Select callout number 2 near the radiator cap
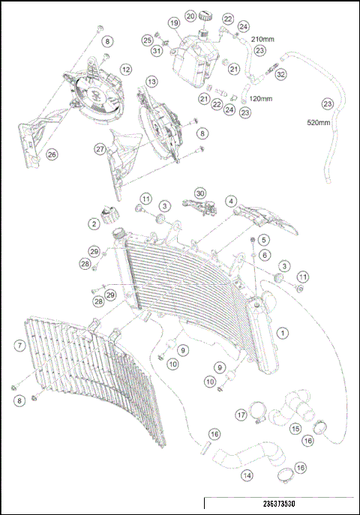click(x=94, y=223)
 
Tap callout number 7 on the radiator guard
click(x=21, y=346)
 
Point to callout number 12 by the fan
click(x=126, y=69)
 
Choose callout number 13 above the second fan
click(x=151, y=81)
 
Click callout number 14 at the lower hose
click(x=247, y=475)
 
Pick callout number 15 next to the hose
click(x=295, y=429)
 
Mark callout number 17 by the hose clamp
click(x=241, y=414)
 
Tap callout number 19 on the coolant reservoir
click(x=173, y=23)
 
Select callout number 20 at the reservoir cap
click(x=190, y=15)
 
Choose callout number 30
click(x=199, y=193)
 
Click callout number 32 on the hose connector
click(x=281, y=75)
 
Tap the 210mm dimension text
click(x=264, y=38)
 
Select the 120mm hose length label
click(x=261, y=99)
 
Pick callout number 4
click(x=231, y=201)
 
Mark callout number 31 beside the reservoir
click(x=156, y=51)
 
